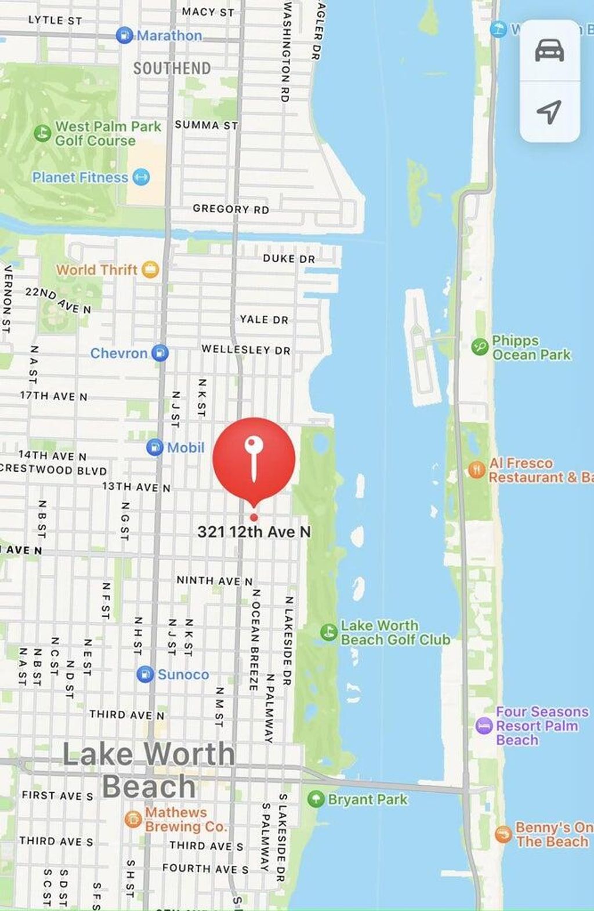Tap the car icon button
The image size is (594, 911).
click(x=549, y=51)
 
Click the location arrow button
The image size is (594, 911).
click(x=549, y=111)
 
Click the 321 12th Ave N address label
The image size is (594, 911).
click(x=254, y=532)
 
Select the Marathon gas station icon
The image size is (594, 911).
click(x=124, y=35)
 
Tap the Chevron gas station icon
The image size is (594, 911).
click(x=160, y=353)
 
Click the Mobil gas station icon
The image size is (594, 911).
click(x=154, y=447)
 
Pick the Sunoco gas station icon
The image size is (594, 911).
click(x=145, y=675)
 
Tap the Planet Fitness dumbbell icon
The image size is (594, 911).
click(x=141, y=177)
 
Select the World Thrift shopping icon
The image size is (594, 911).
click(x=150, y=269)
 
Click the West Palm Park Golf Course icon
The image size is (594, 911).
click(x=42, y=133)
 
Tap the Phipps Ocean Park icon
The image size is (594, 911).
click(x=480, y=347)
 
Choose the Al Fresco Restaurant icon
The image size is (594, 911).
click(x=476, y=469)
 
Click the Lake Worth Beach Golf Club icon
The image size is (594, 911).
click(x=329, y=632)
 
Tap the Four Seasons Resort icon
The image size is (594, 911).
click(x=484, y=726)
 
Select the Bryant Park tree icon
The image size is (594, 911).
click(x=316, y=799)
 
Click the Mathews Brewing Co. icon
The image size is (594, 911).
click(x=133, y=819)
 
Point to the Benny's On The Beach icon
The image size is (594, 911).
click(x=503, y=835)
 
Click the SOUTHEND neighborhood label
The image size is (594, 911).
click(x=172, y=68)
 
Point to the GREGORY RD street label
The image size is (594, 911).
click(x=231, y=209)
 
